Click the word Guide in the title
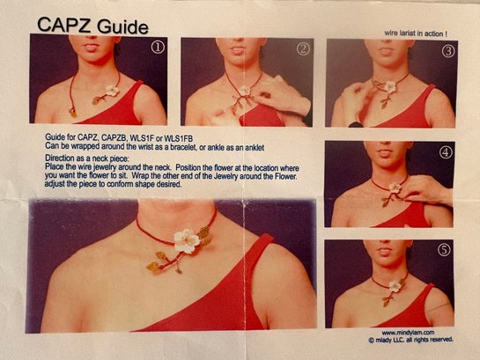point(123,27)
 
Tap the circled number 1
point(158,48)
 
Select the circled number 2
point(303,49)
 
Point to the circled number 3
point(448,51)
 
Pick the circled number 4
point(446,152)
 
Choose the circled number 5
point(444,250)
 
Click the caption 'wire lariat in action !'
point(416,33)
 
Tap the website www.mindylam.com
point(408,333)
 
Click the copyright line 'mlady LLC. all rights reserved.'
point(410,340)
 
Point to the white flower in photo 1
point(112,91)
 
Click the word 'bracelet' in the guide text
point(181,147)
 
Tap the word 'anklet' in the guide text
point(253,148)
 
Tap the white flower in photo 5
point(395,286)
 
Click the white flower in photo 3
point(389,86)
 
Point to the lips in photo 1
point(92,48)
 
